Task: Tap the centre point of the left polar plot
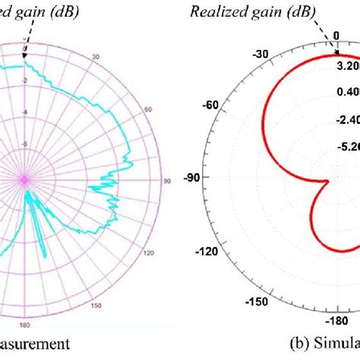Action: [x=25, y=180]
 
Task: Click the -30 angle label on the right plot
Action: [x=261, y=54]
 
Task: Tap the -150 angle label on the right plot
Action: [x=259, y=302]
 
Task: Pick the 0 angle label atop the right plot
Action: [x=335, y=35]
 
